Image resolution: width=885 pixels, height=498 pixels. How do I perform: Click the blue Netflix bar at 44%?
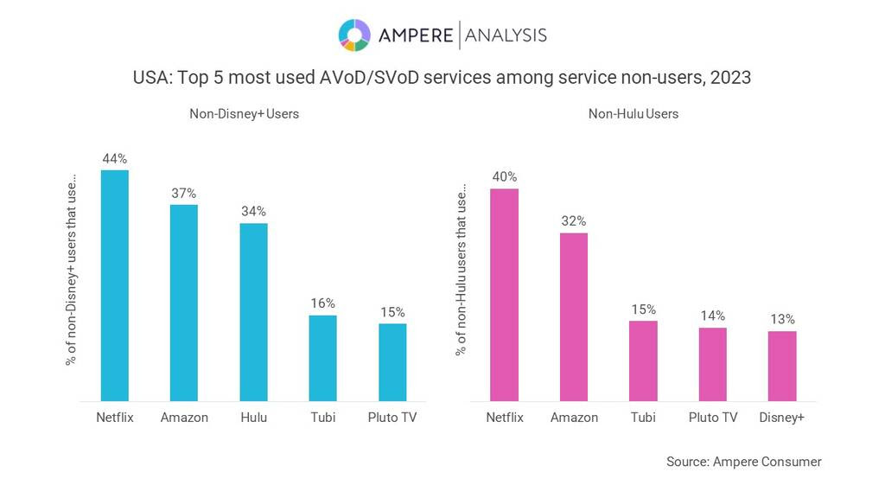114,285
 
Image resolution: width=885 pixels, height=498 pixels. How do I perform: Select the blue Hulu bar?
253,312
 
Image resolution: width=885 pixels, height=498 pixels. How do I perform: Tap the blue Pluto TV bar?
392,362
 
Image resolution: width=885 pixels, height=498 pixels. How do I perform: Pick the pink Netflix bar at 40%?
504,295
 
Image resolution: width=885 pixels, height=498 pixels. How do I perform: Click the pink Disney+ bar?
782,366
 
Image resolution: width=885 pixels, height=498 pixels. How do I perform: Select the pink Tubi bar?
643,361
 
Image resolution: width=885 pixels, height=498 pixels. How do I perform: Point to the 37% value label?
183,194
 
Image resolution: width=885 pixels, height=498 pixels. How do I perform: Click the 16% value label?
322,303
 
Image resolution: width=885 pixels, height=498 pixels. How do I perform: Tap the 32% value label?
574,221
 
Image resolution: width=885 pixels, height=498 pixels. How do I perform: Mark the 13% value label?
782,320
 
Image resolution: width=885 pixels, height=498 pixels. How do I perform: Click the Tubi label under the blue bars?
322,418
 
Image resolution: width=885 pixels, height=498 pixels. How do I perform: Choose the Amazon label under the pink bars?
574,418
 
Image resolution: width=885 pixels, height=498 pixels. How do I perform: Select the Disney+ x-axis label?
782,418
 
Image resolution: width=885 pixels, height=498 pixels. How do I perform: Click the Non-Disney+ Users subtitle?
245,113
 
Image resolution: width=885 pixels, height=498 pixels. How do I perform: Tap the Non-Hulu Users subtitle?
634,113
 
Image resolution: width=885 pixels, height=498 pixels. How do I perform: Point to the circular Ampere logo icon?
354,35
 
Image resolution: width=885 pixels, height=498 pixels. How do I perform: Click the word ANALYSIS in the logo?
506,35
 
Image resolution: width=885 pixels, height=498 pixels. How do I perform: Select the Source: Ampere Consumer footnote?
743,462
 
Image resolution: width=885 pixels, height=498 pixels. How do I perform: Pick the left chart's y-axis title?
71,272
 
